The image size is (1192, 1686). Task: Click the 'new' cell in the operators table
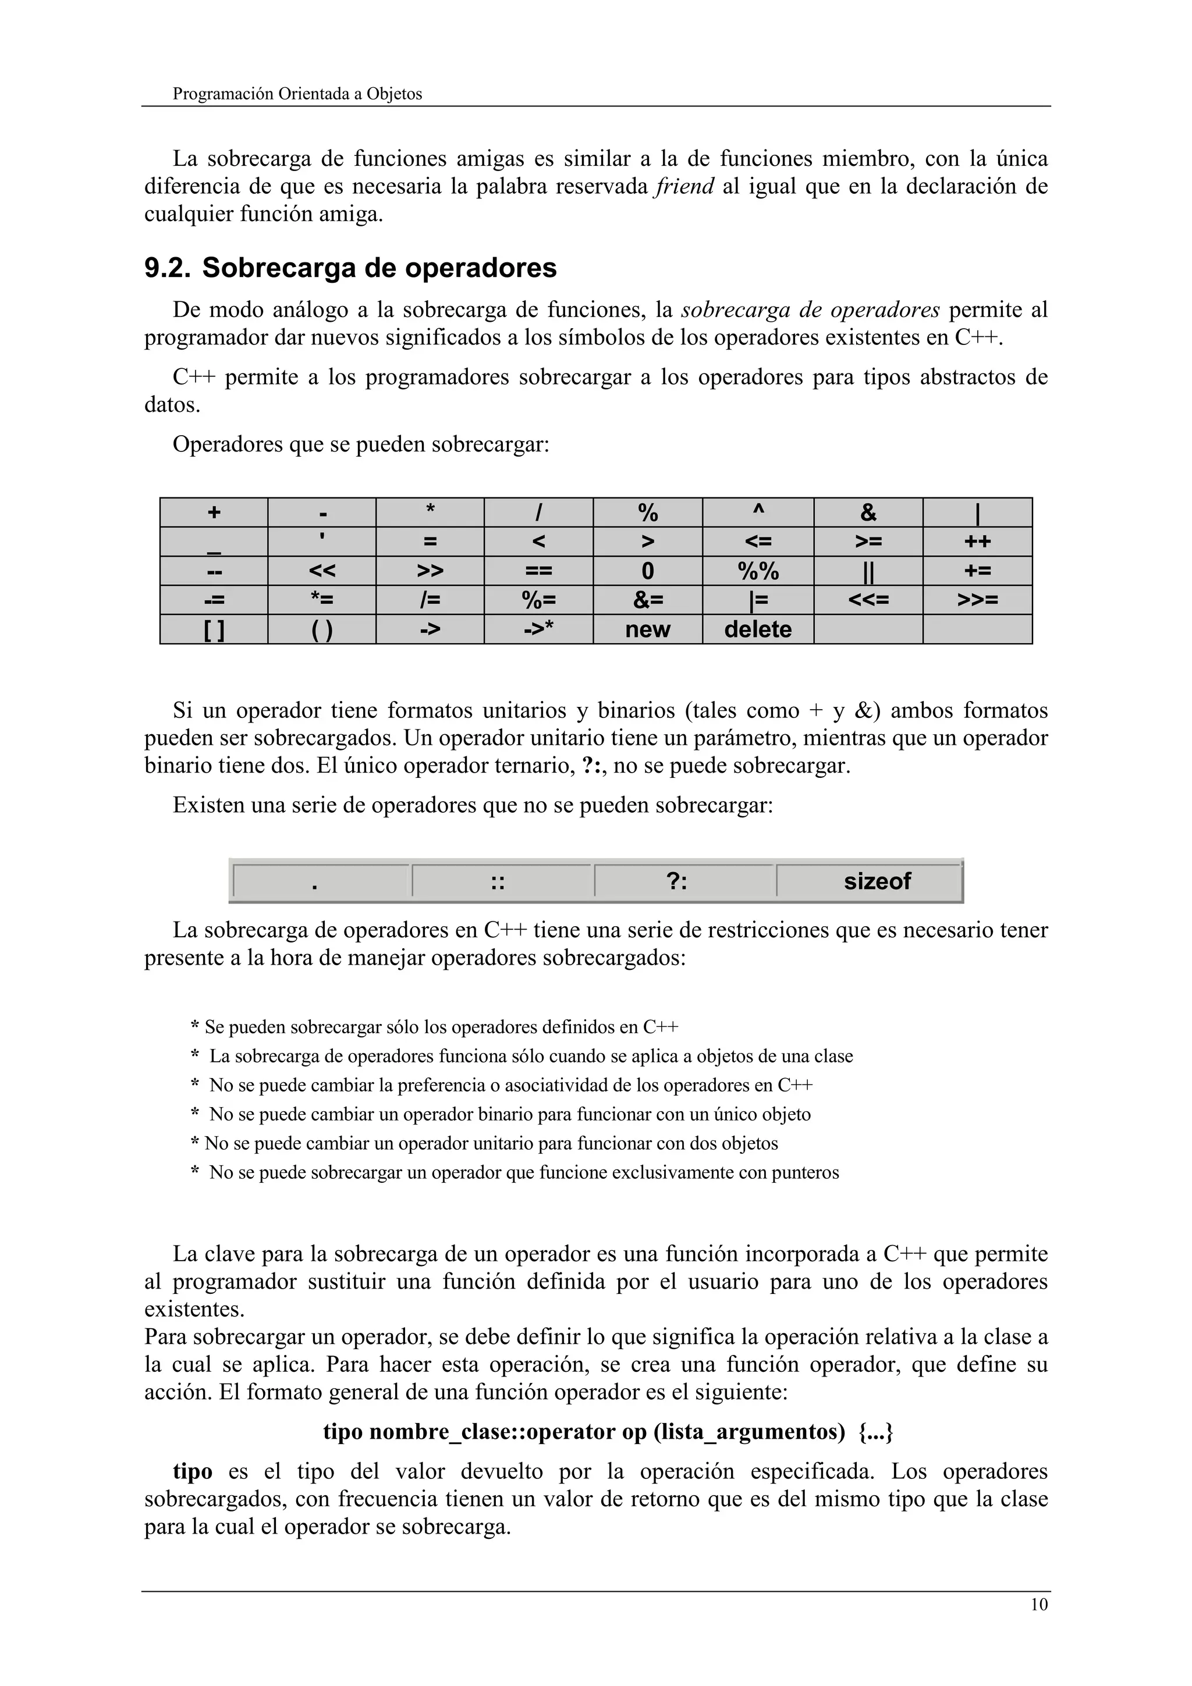click(x=647, y=629)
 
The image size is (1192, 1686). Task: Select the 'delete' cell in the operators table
click(x=757, y=629)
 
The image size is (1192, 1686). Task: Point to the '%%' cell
click(x=757, y=571)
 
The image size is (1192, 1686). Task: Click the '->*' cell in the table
click(x=538, y=629)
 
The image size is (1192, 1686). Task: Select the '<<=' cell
click(x=868, y=600)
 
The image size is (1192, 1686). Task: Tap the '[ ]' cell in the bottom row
click(x=214, y=629)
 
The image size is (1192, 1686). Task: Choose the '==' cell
click(x=538, y=571)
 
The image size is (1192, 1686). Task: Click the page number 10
click(x=1038, y=1605)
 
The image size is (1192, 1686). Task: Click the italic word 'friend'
click(x=684, y=187)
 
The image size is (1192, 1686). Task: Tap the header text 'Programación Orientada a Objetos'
click(x=297, y=94)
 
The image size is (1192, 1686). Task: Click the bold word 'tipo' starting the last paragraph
click(x=193, y=1471)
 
